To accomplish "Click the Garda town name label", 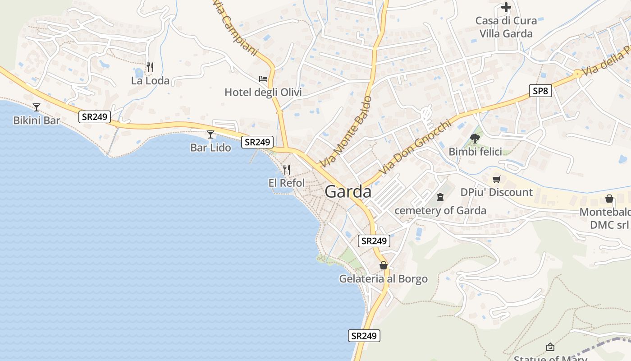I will (348, 192).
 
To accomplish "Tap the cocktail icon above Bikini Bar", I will (37, 107).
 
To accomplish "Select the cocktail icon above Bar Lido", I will (210, 134).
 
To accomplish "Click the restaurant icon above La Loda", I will (150, 67).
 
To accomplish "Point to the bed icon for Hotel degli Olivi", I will (263, 79).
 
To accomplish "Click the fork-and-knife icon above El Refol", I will (286, 170).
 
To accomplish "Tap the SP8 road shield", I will (540, 91).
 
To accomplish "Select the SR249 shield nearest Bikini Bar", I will (95, 117).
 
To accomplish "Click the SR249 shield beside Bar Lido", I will (257, 142).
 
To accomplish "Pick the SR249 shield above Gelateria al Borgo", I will (374, 241).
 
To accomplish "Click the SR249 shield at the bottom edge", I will (364, 336).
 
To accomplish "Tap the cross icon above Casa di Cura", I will (506, 7).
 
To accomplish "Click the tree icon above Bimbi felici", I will (475, 138).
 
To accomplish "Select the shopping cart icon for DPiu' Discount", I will (497, 179).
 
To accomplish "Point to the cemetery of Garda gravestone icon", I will (440, 197).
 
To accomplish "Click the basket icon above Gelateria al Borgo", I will (384, 265).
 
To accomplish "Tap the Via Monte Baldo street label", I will (346, 132).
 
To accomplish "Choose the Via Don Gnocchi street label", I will (415, 148).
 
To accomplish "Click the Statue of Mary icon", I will (550, 347).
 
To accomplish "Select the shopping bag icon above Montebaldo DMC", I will (609, 199).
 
